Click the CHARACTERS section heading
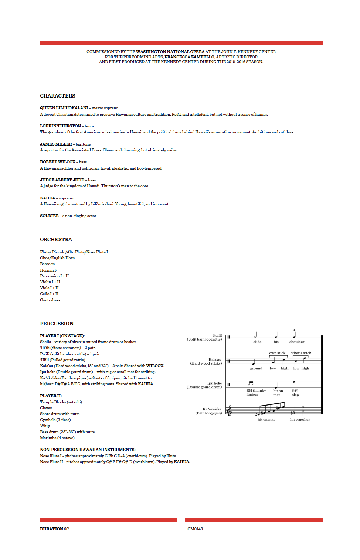(58, 96)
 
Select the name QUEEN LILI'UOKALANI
(64, 108)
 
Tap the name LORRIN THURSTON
(60, 126)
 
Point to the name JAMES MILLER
(56, 144)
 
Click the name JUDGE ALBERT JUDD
(62, 180)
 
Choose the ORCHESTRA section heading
(56, 239)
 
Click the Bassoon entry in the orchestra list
(47, 264)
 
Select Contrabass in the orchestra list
(50, 300)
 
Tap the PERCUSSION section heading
(57, 324)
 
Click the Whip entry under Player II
(45, 426)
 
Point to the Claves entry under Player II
(46, 408)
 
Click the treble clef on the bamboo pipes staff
(229, 410)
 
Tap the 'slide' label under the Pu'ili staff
(257, 342)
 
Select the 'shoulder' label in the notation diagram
(297, 342)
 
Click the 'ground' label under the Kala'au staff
(256, 368)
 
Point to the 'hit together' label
(300, 419)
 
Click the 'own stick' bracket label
(277, 353)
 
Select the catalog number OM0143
(195, 529)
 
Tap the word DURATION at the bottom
(51, 529)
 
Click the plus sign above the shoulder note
(294, 330)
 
